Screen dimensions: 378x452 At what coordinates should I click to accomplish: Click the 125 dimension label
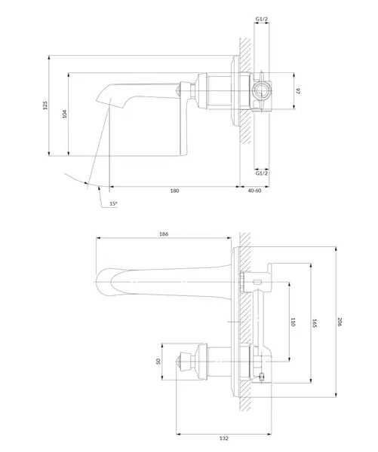(45, 105)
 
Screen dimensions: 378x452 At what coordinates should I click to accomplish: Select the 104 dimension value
(65, 114)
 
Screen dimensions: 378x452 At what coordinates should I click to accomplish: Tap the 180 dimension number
(175, 191)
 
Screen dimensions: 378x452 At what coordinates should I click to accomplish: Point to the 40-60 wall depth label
(254, 191)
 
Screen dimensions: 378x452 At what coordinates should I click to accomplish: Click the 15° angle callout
(113, 203)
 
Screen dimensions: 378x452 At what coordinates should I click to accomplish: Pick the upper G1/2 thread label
(262, 19)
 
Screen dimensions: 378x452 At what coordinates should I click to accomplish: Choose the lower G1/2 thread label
(262, 173)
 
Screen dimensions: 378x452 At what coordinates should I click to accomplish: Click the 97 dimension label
(298, 91)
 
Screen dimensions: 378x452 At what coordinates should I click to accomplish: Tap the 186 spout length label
(164, 234)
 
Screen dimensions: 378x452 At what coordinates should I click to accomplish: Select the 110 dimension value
(293, 322)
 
